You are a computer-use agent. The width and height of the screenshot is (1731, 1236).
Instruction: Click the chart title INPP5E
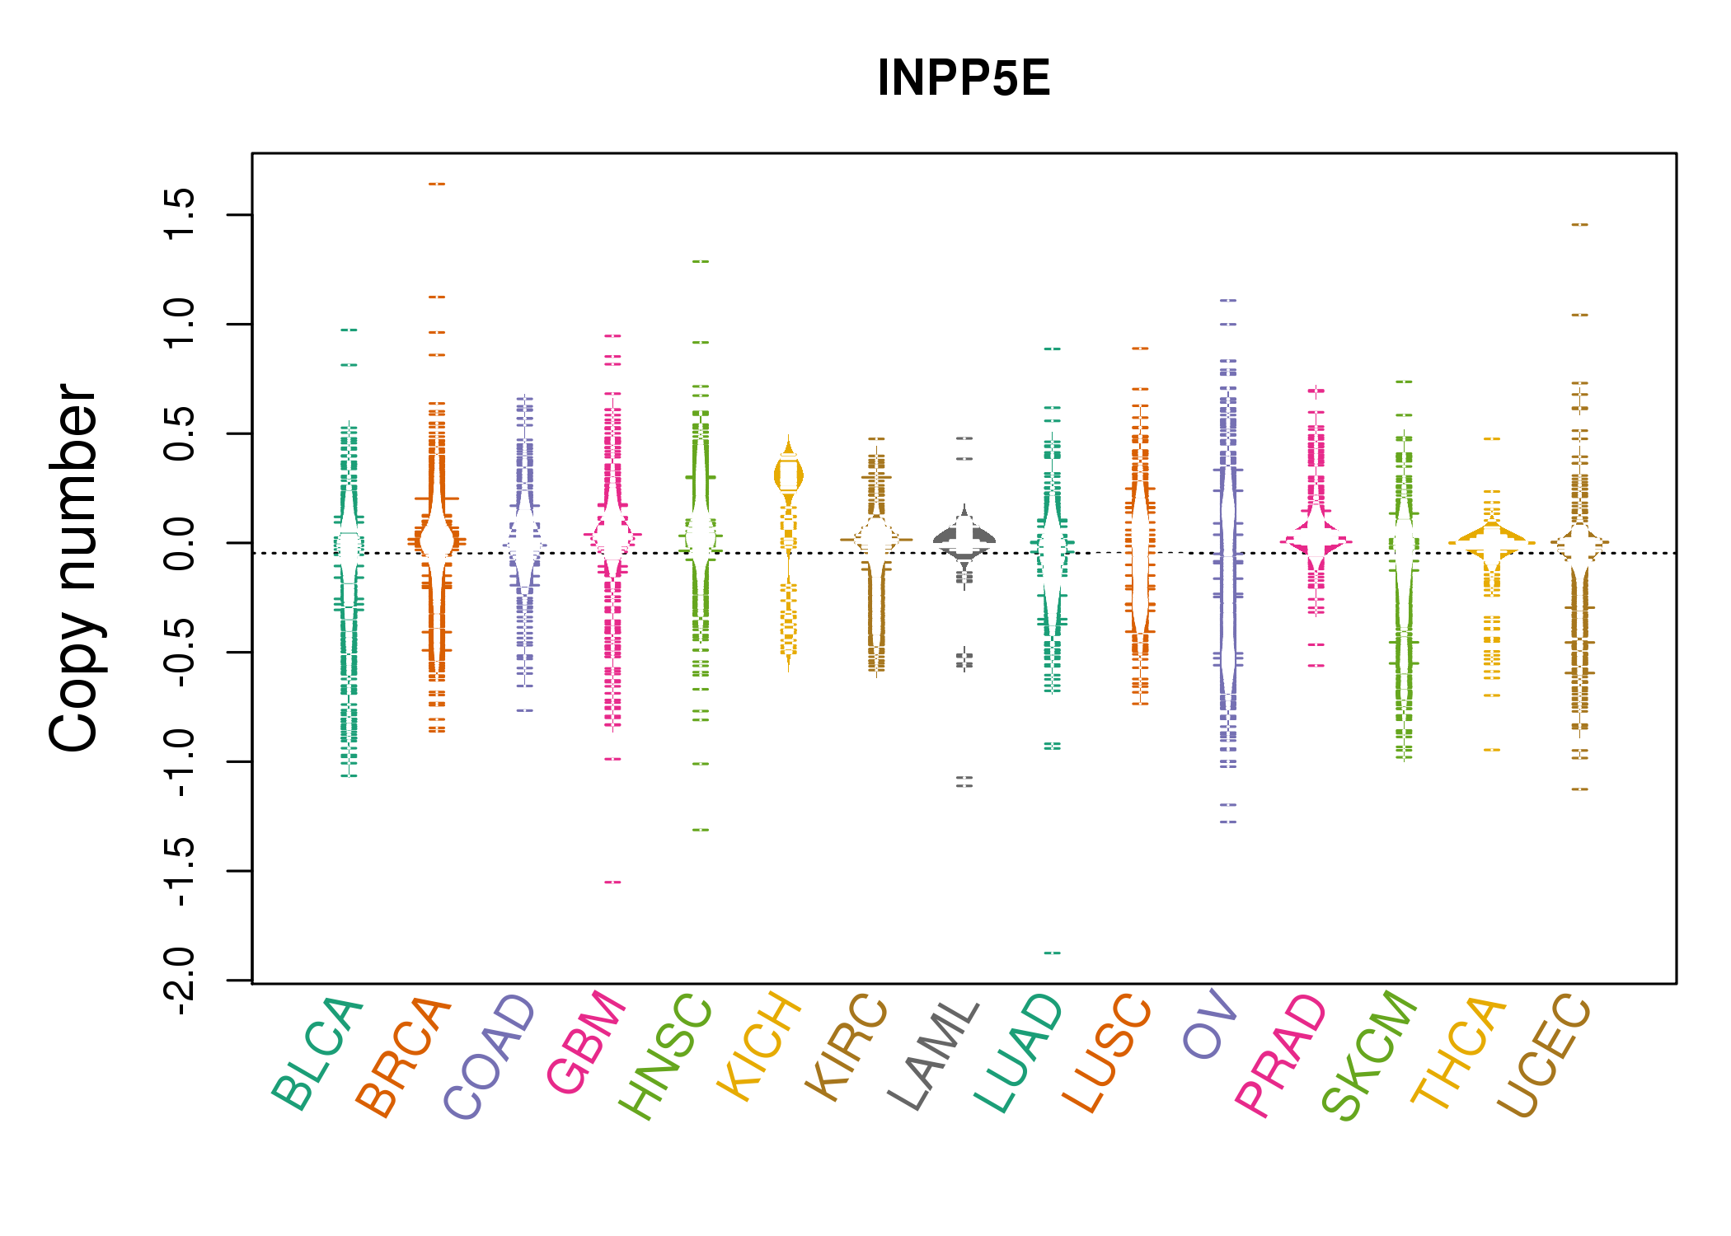coord(964,78)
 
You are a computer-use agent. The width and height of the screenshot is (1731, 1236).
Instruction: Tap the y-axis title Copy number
coord(73,568)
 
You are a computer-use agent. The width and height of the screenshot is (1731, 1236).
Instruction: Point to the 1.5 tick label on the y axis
coord(179,213)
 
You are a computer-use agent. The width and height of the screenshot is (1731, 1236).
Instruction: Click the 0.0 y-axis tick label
coord(179,542)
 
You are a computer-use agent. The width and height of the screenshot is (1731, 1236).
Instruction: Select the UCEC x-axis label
coord(1542,1056)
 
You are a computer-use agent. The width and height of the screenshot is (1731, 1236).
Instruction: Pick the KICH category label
coord(759,1047)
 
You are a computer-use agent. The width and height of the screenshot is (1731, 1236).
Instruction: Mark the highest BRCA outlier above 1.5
coord(437,184)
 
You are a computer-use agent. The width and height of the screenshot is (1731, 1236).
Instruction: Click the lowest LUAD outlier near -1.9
coord(1053,953)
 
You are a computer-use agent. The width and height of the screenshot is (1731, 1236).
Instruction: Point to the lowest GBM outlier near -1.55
coord(612,882)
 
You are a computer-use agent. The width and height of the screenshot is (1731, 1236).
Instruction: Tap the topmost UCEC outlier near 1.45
coord(1579,224)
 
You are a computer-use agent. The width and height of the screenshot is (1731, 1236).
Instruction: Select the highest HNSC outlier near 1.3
coord(701,261)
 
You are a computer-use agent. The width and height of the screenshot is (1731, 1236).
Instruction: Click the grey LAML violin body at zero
coord(964,541)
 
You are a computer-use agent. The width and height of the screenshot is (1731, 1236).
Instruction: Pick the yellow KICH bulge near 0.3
coord(789,475)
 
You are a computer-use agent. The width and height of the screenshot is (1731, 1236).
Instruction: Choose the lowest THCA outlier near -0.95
coord(1492,750)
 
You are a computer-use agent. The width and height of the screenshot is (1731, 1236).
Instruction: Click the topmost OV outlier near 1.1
coord(1228,300)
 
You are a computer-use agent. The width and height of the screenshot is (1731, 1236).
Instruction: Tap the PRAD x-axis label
coord(1281,1056)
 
